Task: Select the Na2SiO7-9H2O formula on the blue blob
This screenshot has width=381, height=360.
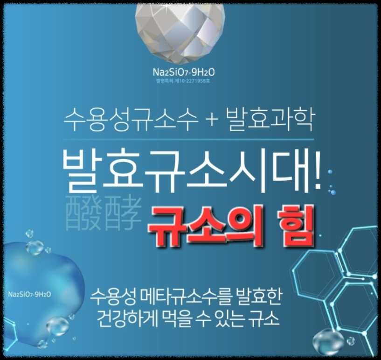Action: pos(29,295)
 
